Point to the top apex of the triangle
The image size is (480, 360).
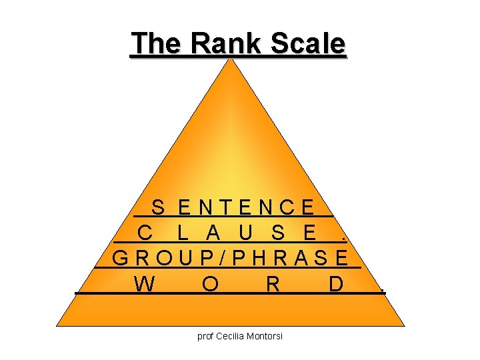pos(233,61)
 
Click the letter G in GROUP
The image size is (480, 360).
pos(121,257)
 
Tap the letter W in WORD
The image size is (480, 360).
pos(144,283)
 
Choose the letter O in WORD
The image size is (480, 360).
pos(209,283)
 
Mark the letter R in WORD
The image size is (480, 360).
pos(272,283)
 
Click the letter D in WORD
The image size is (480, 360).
pos(336,283)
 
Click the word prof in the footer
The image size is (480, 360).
pos(205,337)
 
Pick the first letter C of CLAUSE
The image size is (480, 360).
pos(146,233)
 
